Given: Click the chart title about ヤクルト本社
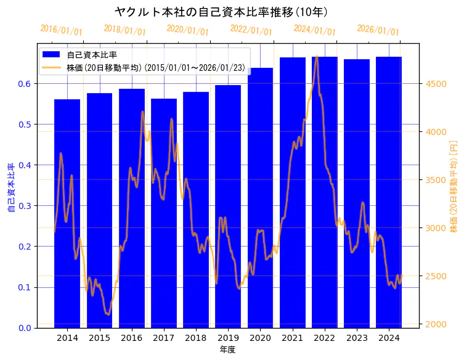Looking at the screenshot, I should click(x=221, y=12).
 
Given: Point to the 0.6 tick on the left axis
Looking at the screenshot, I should click(x=26, y=84).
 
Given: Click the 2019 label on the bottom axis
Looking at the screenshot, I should click(x=228, y=338).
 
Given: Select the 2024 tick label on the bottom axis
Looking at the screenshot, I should click(x=388, y=338).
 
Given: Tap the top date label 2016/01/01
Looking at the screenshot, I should click(x=61, y=30).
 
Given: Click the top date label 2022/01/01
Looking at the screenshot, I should click(x=251, y=30).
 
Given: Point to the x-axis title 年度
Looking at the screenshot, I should click(x=227, y=350).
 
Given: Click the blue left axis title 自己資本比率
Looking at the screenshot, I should click(x=10, y=187).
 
